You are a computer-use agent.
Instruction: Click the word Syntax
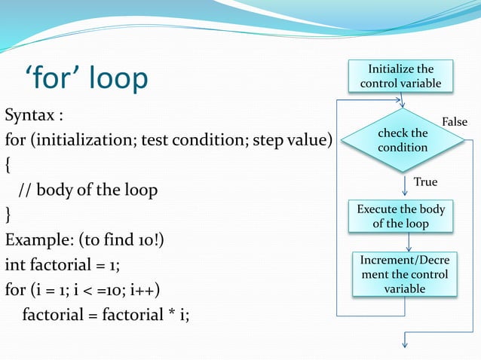click(34, 117)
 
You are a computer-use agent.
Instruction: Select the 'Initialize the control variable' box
click(400, 76)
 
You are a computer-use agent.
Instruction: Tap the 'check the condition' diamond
click(403, 140)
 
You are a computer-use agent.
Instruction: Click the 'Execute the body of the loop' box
click(400, 216)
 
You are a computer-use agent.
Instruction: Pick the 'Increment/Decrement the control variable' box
click(404, 274)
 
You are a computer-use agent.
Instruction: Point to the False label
click(454, 122)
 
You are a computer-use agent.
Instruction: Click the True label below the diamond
click(425, 182)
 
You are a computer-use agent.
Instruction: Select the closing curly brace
click(8, 215)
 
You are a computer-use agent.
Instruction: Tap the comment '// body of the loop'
click(87, 190)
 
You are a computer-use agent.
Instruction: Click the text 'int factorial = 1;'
click(63, 264)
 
